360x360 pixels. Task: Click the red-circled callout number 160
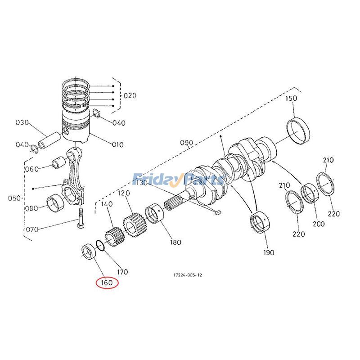106,283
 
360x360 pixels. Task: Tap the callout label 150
292,99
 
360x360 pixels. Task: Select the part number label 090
186,143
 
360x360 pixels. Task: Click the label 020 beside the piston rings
130,95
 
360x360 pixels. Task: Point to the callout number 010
117,144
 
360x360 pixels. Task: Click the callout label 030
22,122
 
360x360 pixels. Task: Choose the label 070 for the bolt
32,229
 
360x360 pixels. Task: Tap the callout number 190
268,252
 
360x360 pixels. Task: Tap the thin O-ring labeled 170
102,245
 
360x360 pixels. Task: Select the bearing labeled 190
261,223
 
